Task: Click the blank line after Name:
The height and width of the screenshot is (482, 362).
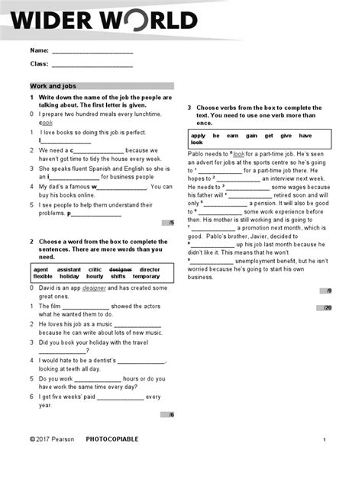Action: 92,52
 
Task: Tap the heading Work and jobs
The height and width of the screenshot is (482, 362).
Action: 53,86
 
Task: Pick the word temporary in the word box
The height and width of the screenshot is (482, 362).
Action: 146,276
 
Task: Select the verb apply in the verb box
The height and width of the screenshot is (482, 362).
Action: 199,136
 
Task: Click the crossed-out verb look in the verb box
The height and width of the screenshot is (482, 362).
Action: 196,143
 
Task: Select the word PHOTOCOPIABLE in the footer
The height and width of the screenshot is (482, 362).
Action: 112,440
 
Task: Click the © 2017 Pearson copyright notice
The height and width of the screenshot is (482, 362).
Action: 51,440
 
